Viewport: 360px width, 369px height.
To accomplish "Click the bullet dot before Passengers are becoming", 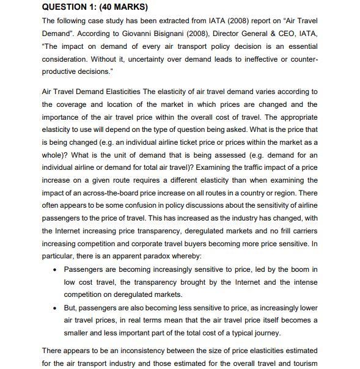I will point(56,269).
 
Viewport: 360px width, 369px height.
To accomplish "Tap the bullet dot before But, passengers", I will point(56,307).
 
